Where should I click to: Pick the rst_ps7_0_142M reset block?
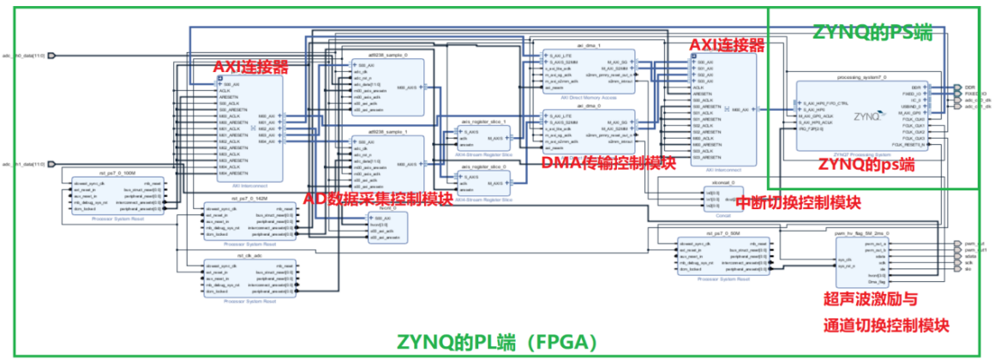click(249, 219)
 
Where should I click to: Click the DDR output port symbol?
click(956, 87)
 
